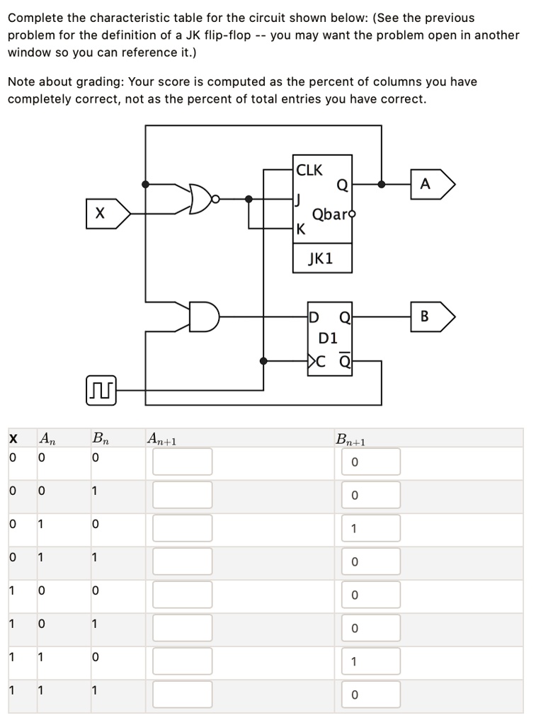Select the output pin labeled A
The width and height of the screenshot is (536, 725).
click(x=428, y=184)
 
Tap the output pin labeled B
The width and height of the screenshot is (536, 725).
click(x=428, y=316)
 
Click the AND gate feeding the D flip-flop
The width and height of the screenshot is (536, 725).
click(x=203, y=316)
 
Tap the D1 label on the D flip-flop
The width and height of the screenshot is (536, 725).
click(x=329, y=338)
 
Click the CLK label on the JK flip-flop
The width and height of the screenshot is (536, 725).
click(x=309, y=170)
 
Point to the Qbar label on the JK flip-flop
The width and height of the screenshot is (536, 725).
click(x=328, y=214)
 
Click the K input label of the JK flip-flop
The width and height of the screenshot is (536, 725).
click(x=301, y=229)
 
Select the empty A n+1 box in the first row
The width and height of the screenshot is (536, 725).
click(x=182, y=461)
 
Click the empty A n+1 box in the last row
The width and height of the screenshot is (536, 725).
click(x=182, y=694)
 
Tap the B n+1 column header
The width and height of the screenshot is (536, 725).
click(x=350, y=440)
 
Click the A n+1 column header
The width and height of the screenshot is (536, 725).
click(x=162, y=440)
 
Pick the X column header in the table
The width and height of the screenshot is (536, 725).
click(x=13, y=440)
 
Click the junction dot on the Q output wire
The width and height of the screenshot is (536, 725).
click(x=382, y=184)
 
